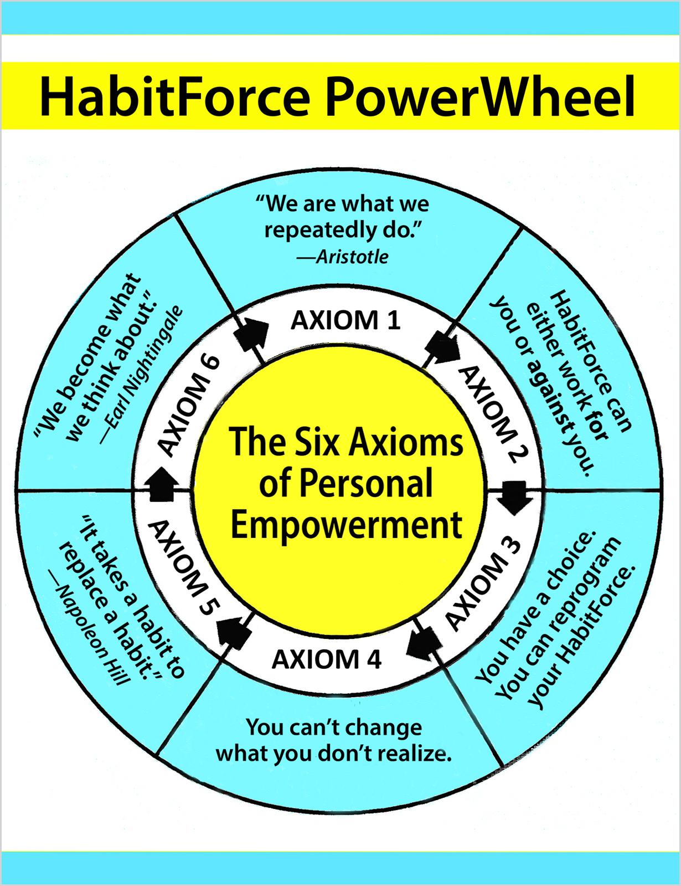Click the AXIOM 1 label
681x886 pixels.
[345, 320]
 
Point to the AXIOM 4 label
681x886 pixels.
[326, 659]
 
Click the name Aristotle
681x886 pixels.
[352, 257]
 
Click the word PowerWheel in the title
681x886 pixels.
[481, 96]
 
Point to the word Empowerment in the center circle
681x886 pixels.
[347, 525]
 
